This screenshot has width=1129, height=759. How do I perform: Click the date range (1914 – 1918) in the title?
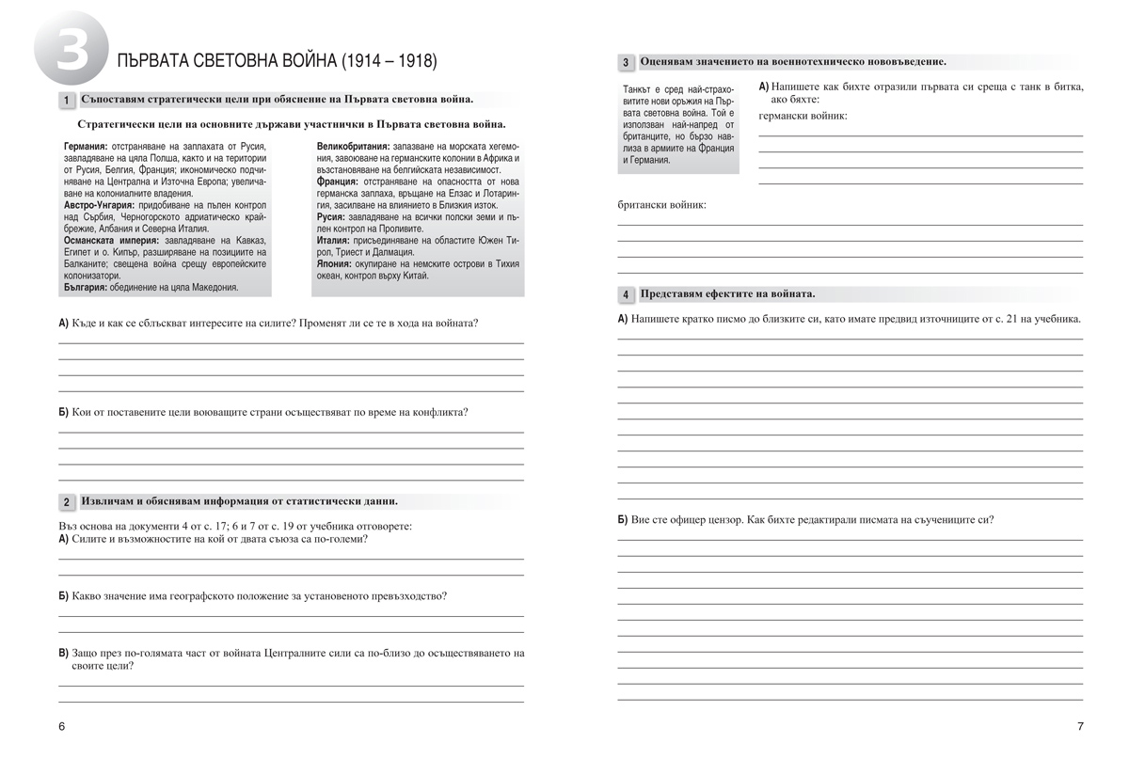tap(387, 62)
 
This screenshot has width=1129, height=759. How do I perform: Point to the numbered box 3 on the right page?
tap(626, 63)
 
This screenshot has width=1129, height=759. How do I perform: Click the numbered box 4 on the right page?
tap(626, 295)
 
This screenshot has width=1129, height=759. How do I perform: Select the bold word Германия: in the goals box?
tap(87, 148)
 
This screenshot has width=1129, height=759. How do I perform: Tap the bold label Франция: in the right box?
tap(338, 182)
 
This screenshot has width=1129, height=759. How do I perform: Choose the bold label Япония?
tap(336, 264)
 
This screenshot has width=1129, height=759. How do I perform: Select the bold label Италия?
tap(336, 241)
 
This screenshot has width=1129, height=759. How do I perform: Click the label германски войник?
tap(803, 116)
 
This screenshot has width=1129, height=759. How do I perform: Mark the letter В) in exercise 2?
tap(64, 652)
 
